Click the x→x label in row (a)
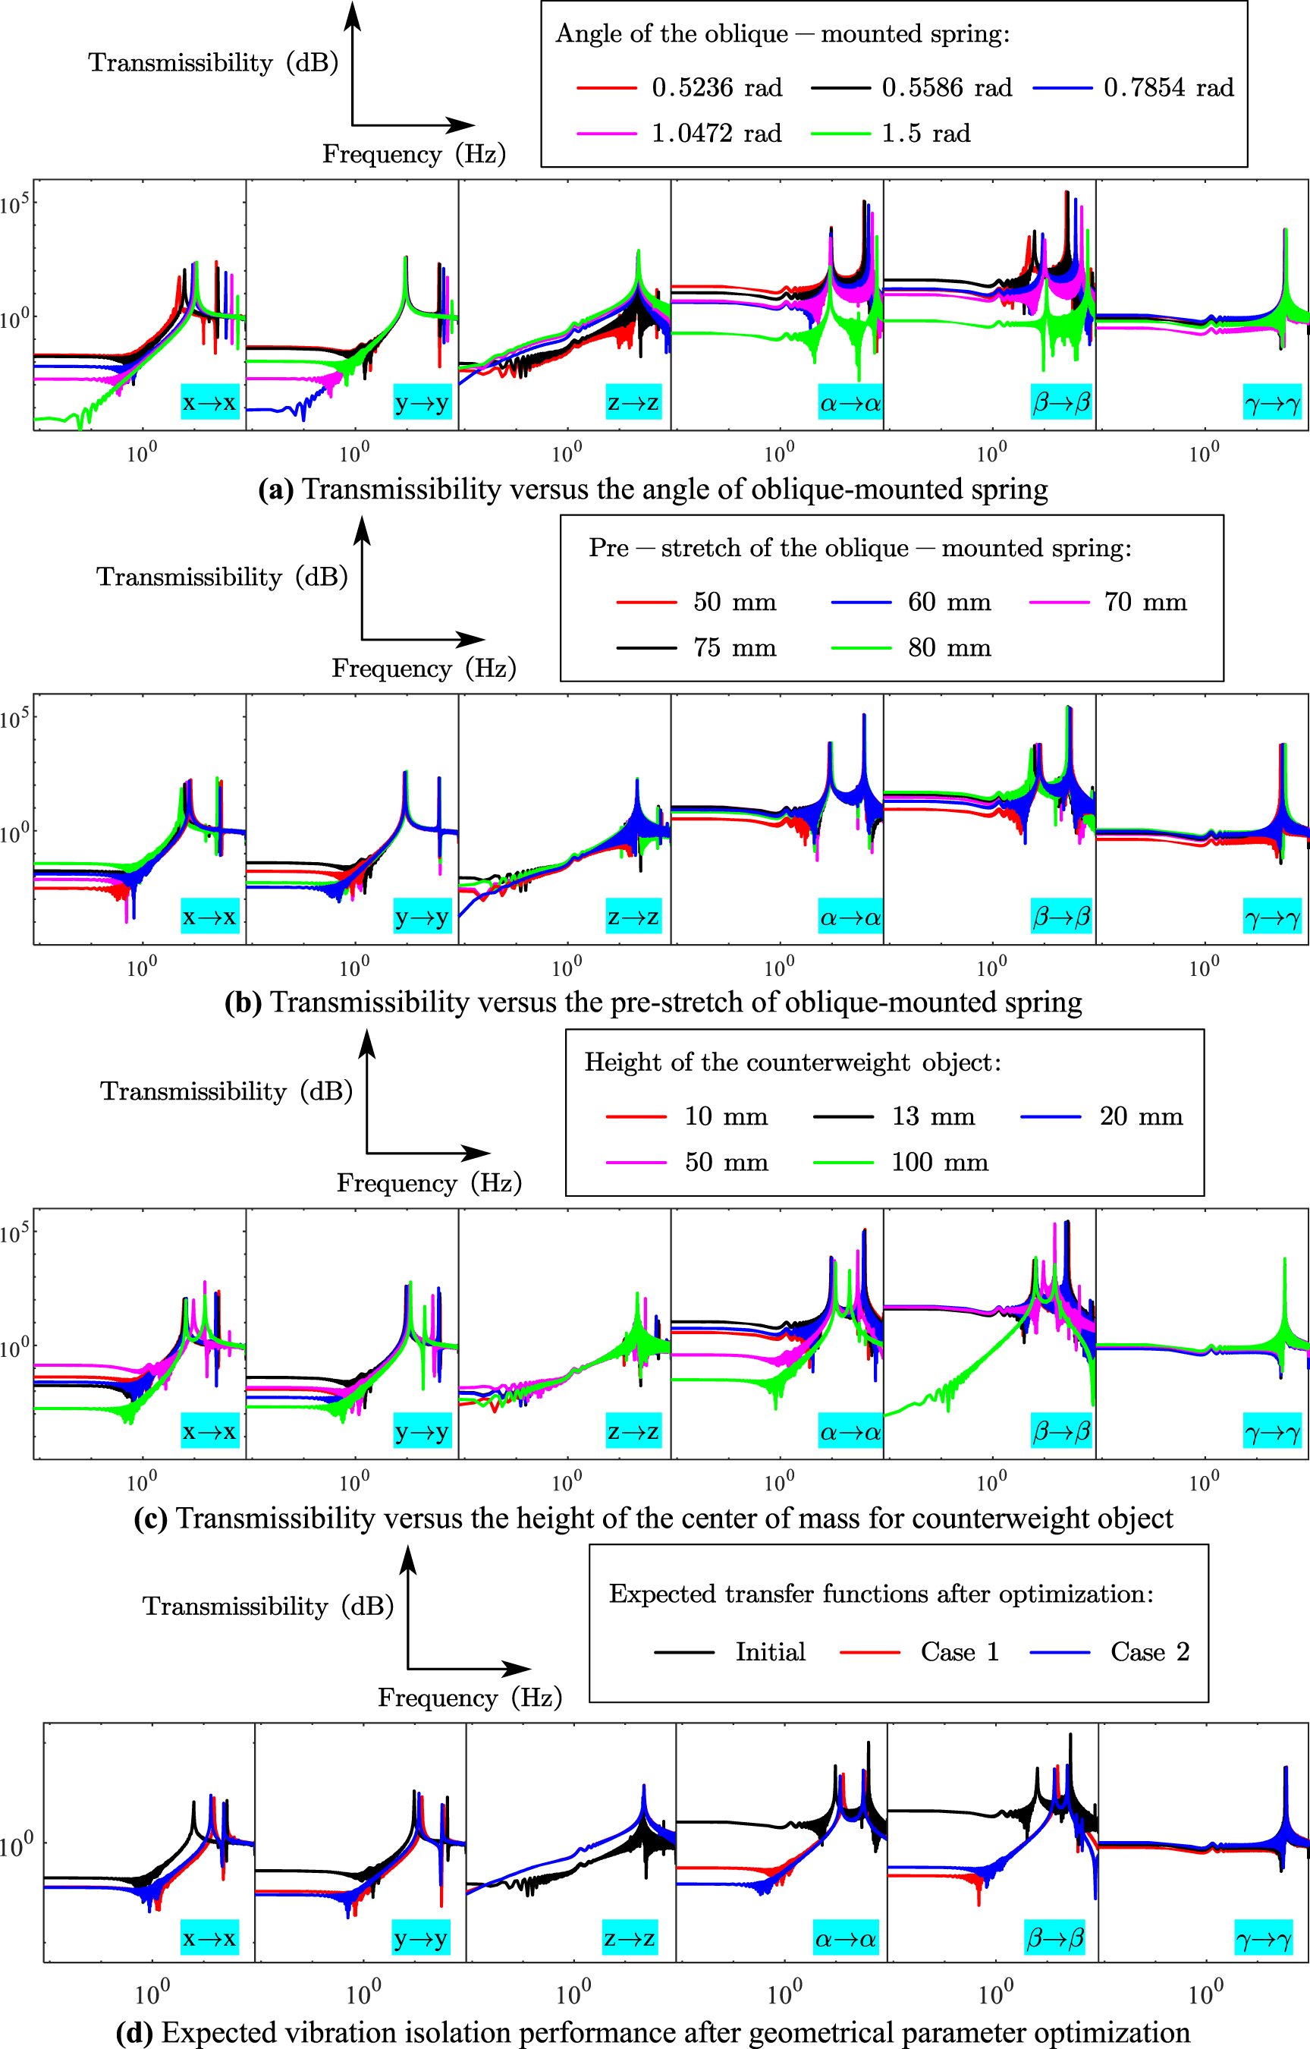[x=209, y=402]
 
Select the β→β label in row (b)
[x=1060, y=917]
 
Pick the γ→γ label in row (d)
[x=1263, y=1939]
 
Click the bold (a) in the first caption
[x=275, y=490]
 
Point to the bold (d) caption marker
[x=134, y=2033]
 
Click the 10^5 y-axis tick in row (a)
[x=14, y=204]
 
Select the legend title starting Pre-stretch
[x=860, y=548]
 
